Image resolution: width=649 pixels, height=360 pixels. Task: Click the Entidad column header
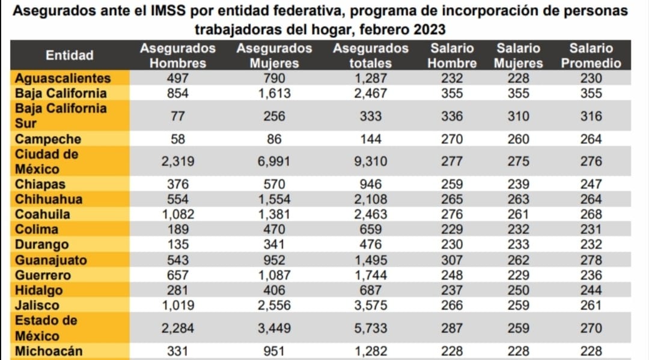(70, 55)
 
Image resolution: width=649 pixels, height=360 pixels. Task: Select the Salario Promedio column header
(591, 55)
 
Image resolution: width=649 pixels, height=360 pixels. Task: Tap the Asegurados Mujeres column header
(274, 55)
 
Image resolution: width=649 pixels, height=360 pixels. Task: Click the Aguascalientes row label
(62, 78)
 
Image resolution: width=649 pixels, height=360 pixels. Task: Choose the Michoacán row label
(49, 351)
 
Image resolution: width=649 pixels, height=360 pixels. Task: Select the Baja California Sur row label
(60, 115)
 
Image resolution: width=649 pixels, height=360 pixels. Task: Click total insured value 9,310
(370, 161)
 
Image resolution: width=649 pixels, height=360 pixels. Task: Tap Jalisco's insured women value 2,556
(274, 305)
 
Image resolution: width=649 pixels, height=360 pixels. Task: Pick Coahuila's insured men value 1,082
(178, 215)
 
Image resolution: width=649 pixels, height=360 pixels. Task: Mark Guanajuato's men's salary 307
(452, 260)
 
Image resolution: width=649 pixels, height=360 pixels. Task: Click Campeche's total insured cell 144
(370, 139)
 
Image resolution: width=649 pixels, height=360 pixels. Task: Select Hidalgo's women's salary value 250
(518, 290)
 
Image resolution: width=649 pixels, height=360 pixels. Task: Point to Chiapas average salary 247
(591, 184)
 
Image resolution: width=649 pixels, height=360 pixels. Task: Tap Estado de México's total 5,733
(370, 328)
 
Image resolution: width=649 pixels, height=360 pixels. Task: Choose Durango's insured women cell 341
(274, 245)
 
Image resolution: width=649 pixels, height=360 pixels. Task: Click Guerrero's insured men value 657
(178, 275)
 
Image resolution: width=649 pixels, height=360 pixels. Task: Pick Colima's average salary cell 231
(591, 230)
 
